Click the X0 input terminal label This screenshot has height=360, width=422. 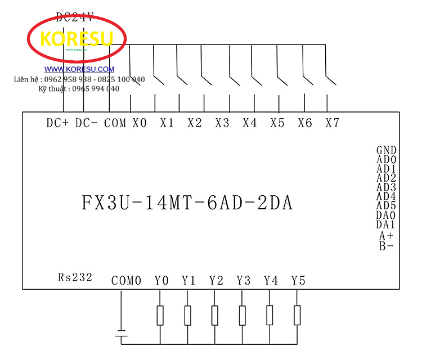tap(140, 123)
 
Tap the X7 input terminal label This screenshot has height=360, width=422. tap(333, 123)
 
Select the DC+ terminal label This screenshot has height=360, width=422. tap(57, 123)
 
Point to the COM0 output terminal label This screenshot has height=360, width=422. tap(127, 281)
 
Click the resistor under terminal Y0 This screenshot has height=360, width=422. tap(160, 316)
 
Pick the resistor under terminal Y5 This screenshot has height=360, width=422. tap(297, 316)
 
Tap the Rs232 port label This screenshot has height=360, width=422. tap(75, 277)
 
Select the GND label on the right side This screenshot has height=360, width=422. tap(387, 150)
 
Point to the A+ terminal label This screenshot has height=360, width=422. tap(387, 236)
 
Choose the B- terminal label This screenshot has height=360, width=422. tap(387, 246)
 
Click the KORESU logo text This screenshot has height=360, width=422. tap(77, 38)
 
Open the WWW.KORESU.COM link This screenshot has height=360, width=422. tap(79, 69)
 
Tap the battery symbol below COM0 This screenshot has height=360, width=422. tap(121, 335)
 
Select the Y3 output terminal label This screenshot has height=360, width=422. tap(243, 281)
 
